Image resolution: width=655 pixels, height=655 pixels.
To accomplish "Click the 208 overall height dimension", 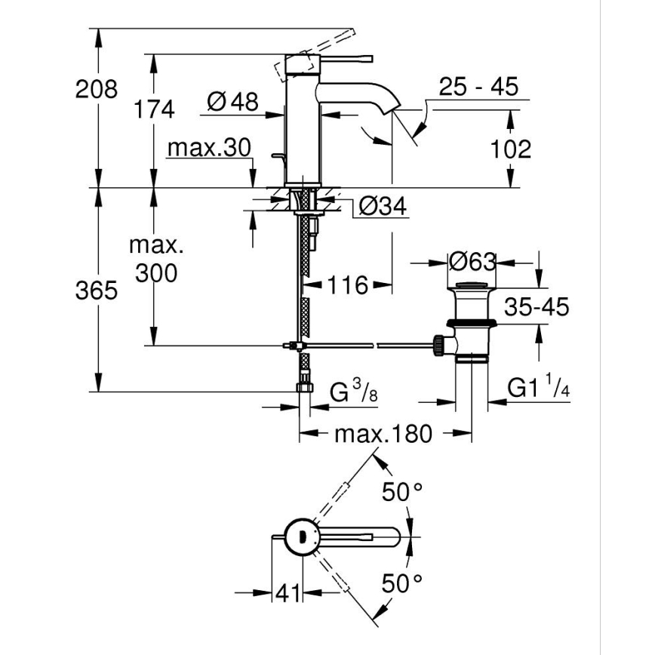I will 97,89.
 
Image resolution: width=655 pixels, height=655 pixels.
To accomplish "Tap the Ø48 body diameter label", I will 232,101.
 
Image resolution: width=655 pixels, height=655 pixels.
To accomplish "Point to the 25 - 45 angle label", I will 480,87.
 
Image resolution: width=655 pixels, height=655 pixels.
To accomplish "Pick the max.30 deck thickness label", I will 208,148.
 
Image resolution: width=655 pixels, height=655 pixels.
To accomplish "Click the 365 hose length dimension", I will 97,291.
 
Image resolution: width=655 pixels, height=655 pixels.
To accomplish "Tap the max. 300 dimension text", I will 156,259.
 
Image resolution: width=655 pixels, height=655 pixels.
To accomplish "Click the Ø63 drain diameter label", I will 472,262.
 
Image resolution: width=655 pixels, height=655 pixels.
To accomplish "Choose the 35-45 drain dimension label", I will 536,306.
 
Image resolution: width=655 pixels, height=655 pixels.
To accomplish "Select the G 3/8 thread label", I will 352,392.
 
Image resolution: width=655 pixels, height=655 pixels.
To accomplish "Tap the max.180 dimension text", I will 383,433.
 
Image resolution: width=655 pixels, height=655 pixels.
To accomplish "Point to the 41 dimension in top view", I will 287,594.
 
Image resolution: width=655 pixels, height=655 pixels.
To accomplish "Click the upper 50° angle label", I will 402,493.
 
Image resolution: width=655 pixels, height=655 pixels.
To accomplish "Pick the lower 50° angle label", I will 402,583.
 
